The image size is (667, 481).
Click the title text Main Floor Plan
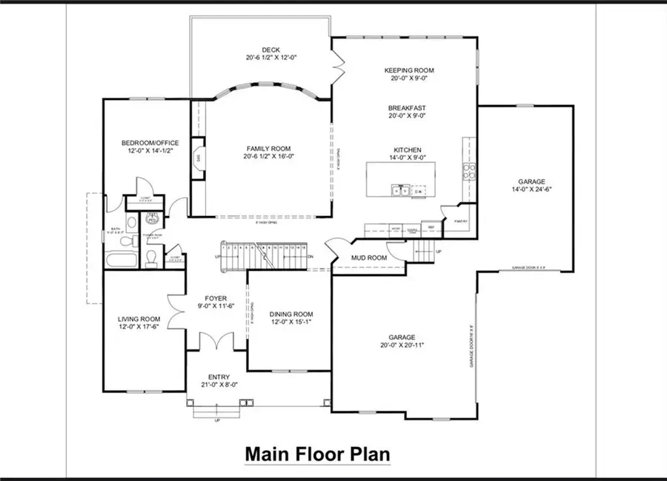[x=317, y=452]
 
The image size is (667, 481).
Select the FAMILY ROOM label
[x=263, y=147]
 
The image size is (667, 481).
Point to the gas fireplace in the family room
[x=199, y=158]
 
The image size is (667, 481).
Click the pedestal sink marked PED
[x=151, y=218]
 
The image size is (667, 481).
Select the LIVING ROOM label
[x=139, y=320]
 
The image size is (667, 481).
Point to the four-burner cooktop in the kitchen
[x=468, y=172]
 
